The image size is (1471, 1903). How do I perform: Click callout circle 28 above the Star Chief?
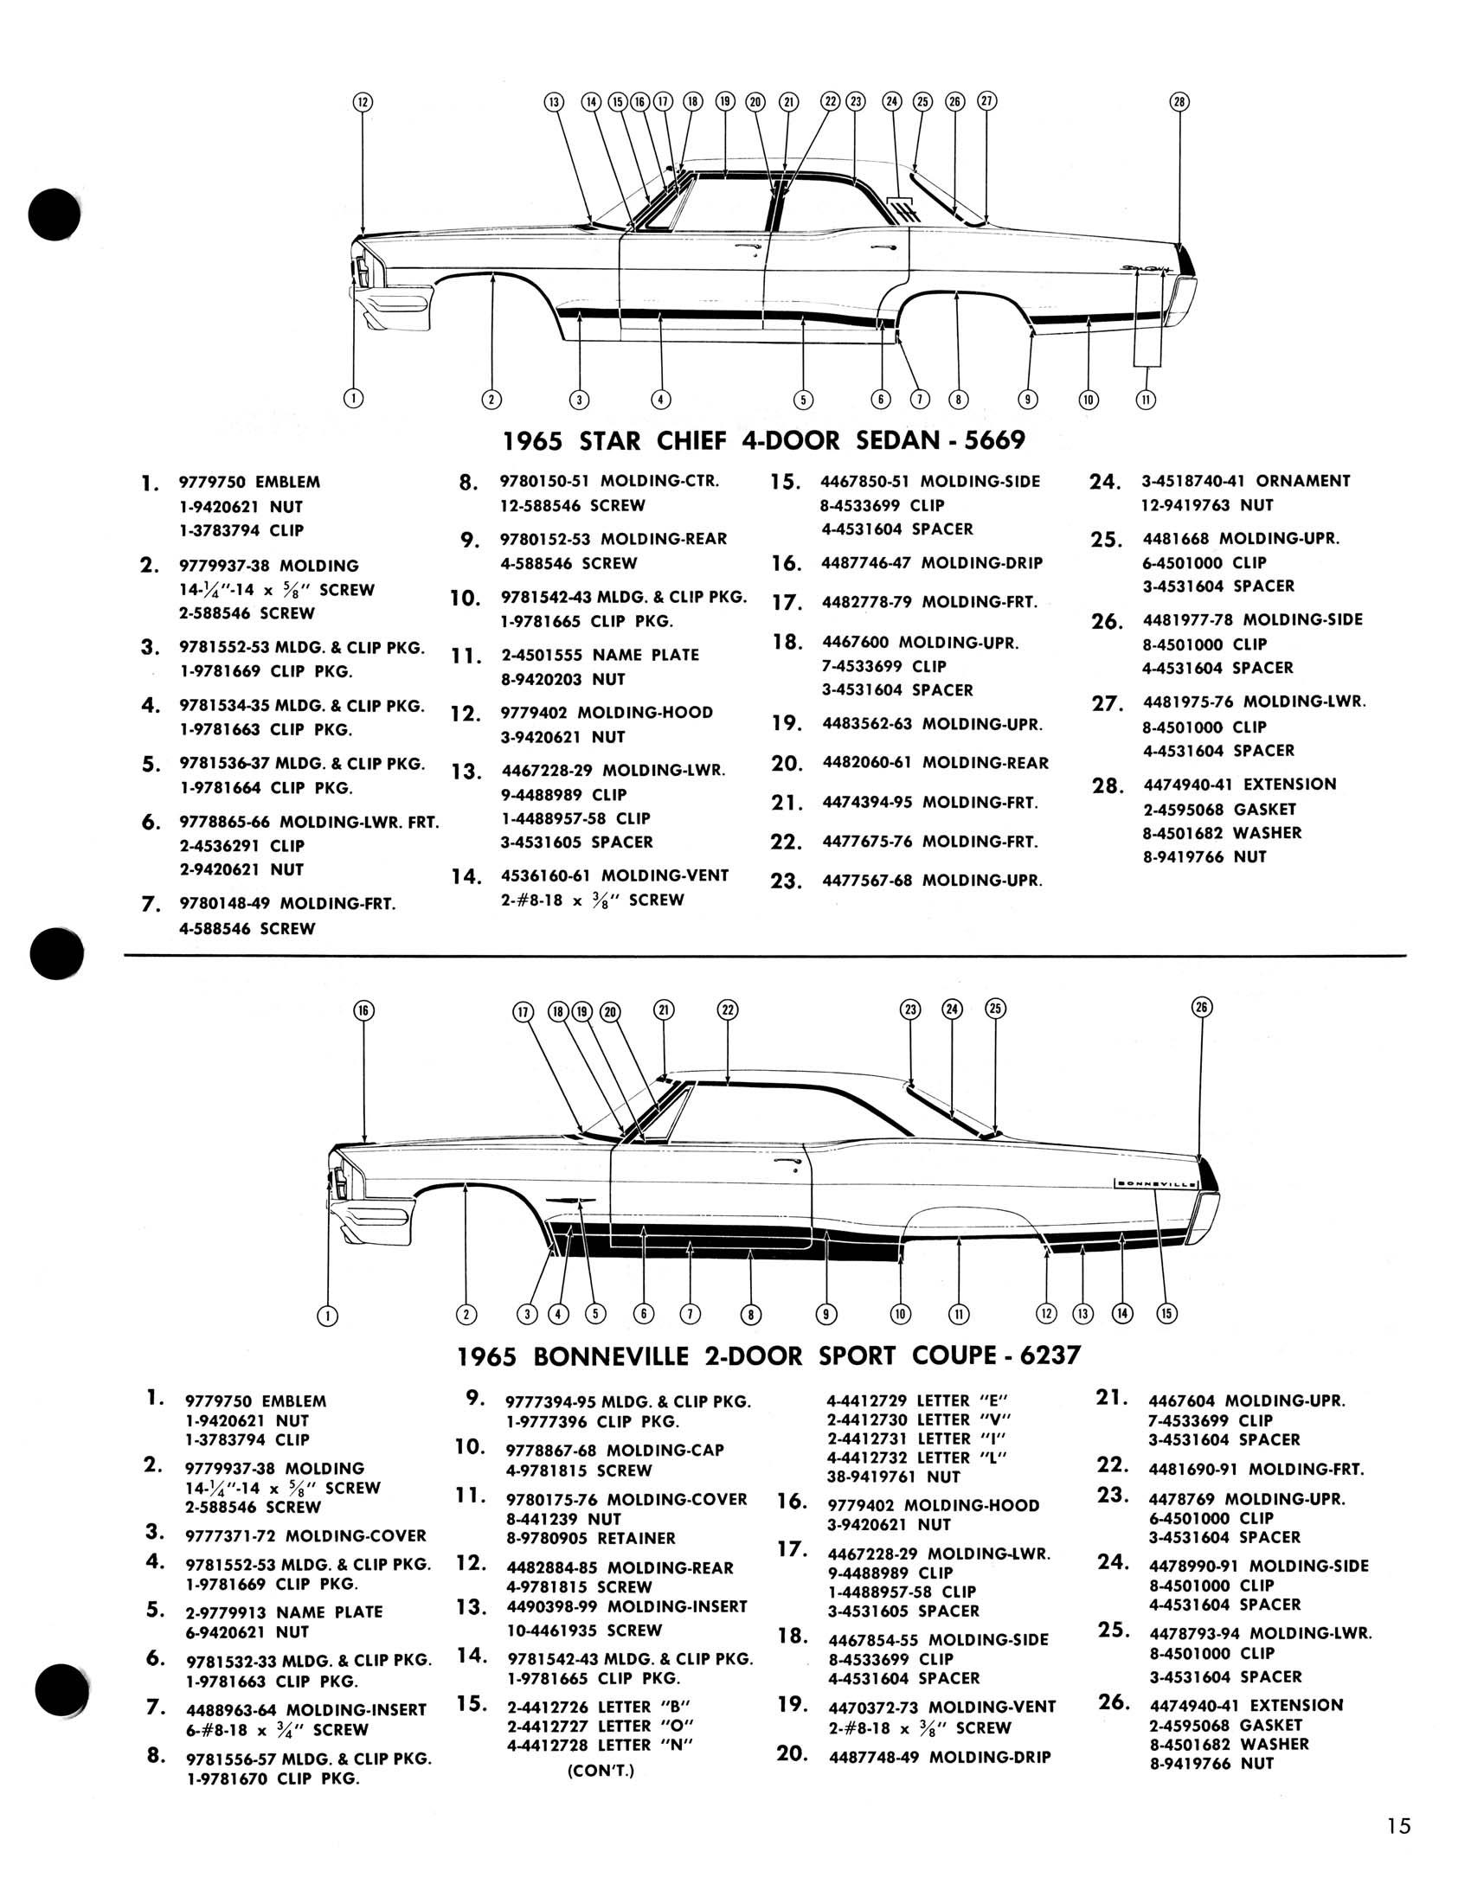coord(1179,102)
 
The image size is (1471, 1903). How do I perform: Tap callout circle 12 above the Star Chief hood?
coord(363,102)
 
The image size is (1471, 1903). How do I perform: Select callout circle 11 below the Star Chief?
coord(1146,400)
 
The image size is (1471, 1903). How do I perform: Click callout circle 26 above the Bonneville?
coord(1202,1007)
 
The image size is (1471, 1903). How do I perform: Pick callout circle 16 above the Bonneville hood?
coord(363,1009)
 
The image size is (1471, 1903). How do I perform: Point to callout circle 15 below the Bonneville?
coord(1167,1313)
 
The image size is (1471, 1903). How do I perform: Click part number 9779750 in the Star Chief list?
coord(213,482)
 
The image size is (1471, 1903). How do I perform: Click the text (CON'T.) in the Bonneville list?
coord(601,1771)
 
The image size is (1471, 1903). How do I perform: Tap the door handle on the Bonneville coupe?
coord(788,1165)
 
